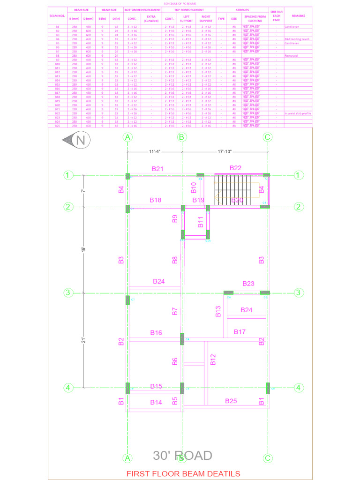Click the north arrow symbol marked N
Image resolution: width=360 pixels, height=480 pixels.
point(76,140)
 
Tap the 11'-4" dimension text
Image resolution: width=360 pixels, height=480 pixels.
point(155,152)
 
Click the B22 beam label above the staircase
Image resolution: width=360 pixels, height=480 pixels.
point(235,168)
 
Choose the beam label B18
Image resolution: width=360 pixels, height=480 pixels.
point(156,200)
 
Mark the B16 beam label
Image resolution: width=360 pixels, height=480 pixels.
point(156,333)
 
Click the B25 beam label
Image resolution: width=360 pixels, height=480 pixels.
point(231,401)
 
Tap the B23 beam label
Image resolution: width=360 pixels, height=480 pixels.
point(248,284)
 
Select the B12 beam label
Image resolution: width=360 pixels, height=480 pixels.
point(213,360)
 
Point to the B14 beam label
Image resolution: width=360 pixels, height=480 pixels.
point(156,402)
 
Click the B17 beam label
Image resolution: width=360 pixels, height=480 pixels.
point(240,332)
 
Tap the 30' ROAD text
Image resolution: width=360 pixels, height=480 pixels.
point(183,455)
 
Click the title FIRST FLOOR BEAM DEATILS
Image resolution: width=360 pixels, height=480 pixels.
point(183,473)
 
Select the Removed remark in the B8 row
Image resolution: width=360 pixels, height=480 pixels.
point(291,56)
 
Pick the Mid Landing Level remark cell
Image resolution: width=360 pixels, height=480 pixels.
point(297,39)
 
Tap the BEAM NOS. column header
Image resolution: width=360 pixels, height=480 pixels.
point(57,15)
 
